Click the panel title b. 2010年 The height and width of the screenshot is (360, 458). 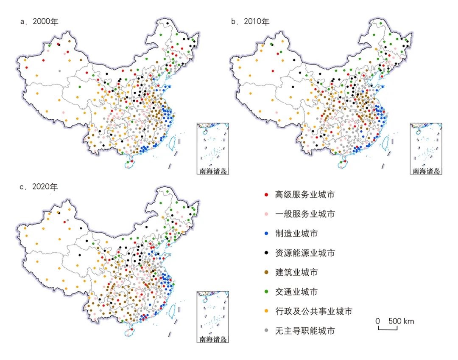[x=250, y=22]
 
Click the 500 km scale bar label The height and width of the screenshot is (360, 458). [x=400, y=321]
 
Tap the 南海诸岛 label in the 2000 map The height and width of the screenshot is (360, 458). [x=213, y=172]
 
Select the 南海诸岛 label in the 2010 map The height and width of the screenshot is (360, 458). [x=426, y=172]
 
